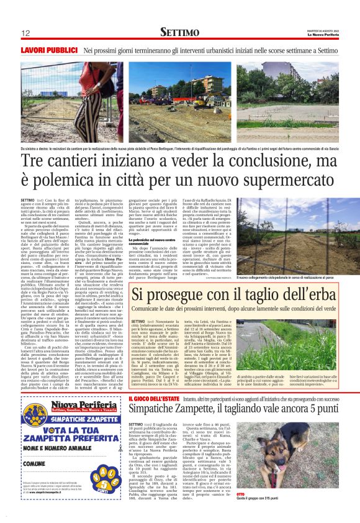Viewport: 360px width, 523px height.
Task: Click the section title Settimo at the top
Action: [179, 32]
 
